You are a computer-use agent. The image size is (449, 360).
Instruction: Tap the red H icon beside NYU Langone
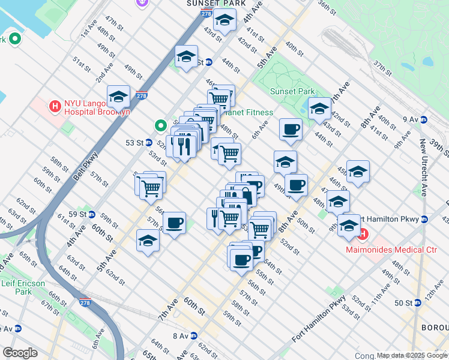55,107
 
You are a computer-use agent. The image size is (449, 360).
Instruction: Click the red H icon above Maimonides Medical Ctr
363,233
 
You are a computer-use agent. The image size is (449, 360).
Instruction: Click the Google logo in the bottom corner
20,353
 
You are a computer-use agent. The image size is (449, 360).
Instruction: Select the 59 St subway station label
78,214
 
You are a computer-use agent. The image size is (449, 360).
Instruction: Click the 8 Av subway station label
181,336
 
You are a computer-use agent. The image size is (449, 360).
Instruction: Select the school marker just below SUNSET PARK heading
224,20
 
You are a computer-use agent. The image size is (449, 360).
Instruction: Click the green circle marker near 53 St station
160,125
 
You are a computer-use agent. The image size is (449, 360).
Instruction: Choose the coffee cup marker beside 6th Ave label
291,129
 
